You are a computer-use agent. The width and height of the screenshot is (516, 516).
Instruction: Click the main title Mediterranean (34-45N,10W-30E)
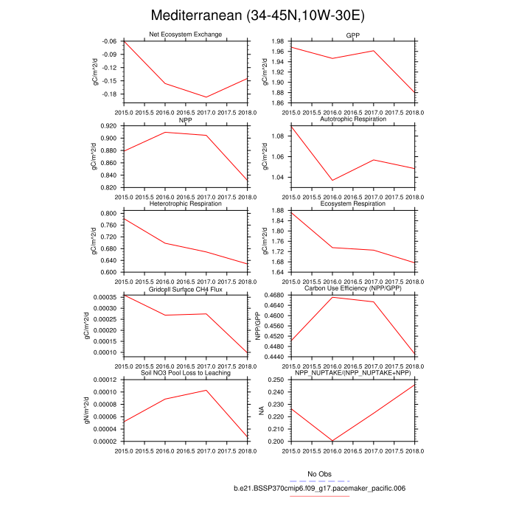(x=258, y=15)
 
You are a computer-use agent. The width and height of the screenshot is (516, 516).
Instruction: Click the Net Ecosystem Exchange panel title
(x=185, y=35)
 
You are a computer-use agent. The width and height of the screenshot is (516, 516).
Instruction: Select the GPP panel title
(x=353, y=35)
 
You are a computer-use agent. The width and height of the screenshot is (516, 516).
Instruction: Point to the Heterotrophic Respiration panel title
(x=185, y=203)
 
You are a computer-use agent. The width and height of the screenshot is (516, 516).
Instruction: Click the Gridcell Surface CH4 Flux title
(x=185, y=289)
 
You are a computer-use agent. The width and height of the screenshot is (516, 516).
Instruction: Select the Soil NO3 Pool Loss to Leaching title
(x=185, y=373)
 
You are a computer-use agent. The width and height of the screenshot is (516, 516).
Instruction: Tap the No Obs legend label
(x=320, y=473)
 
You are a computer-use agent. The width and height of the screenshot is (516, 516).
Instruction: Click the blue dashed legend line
(x=320, y=481)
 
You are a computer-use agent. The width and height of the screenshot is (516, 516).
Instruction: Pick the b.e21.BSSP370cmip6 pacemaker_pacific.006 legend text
(x=320, y=488)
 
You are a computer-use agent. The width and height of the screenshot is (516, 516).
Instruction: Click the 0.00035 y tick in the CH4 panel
(x=105, y=296)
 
